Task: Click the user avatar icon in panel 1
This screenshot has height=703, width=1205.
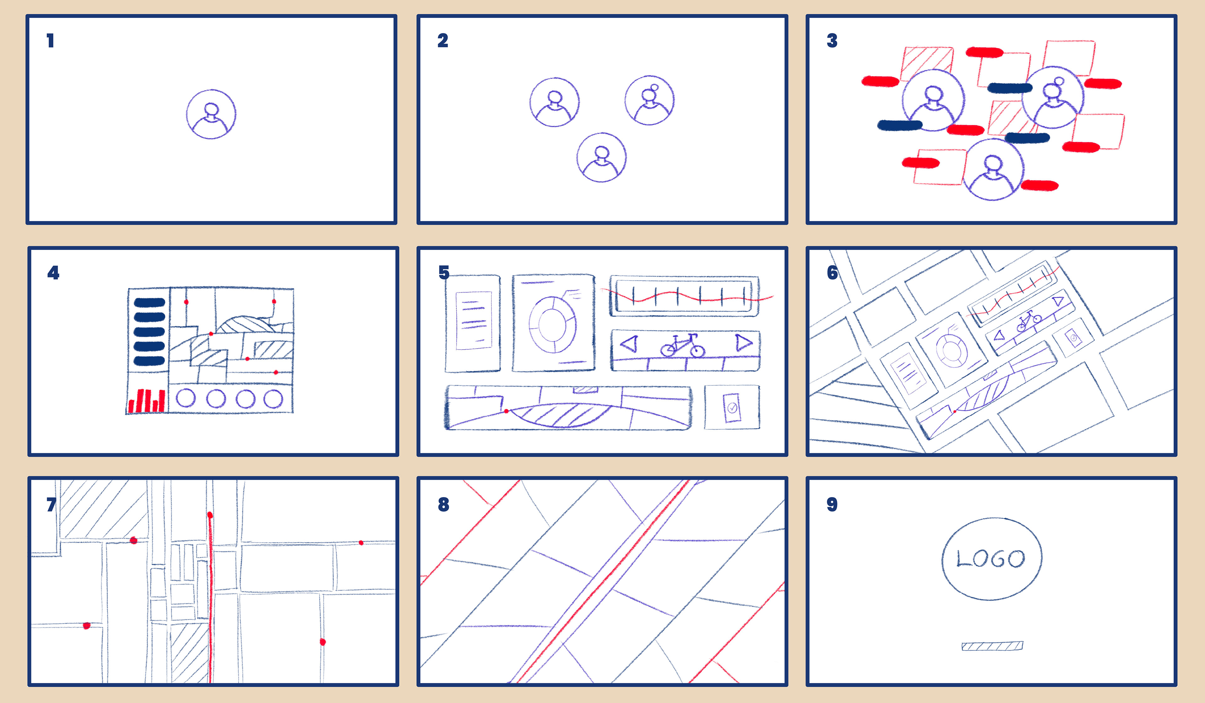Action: (211, 114)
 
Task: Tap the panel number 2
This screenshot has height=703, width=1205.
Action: (443, 41)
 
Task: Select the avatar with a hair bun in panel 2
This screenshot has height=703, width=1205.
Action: (649, 100)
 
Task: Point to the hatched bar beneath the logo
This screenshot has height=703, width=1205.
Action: (992, 646)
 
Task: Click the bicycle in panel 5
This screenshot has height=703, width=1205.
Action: (683, 345)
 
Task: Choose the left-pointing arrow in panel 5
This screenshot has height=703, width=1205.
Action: (629, 343)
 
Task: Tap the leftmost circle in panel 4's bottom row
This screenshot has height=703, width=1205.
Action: (185, 398)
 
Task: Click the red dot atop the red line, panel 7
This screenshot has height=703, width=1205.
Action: (210, 515)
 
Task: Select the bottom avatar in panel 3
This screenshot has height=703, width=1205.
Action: (993, 169)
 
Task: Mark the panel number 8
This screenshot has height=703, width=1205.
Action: (443, 505)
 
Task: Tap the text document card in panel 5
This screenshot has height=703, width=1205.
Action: (473, 323)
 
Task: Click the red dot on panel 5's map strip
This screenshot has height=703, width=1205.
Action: (506, 411)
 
